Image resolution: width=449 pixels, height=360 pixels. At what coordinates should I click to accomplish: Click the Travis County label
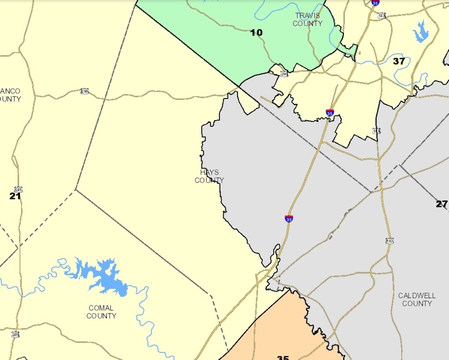(308, 19)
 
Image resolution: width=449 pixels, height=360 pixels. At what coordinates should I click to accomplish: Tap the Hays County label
(209, 176)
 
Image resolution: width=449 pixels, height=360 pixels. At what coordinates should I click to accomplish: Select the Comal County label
(101, 312)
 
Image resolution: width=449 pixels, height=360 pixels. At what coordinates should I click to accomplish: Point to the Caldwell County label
(417, 299)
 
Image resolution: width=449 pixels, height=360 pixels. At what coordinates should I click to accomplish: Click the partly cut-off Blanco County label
(10, 95)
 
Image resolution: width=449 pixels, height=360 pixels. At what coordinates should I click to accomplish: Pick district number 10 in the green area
(256, 32)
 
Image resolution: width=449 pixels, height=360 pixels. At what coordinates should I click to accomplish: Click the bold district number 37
(399, 61)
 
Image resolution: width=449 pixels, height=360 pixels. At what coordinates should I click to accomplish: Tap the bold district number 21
(15, 196)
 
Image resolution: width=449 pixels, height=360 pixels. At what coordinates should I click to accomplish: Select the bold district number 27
(441, 204)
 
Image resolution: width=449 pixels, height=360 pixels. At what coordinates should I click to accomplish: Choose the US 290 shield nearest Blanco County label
(85, 91)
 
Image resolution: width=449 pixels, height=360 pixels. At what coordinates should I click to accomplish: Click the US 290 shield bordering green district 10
(284, 73)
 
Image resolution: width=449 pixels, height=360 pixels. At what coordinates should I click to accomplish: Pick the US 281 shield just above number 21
(18, 190)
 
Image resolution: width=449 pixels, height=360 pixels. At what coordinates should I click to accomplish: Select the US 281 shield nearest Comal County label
(15, 335)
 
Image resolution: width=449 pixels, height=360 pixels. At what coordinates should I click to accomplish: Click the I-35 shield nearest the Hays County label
(289, 218)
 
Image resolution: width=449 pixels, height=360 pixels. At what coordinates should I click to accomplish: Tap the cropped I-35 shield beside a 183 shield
(375, 2)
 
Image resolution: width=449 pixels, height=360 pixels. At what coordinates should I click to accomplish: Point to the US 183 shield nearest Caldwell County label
(390, 241)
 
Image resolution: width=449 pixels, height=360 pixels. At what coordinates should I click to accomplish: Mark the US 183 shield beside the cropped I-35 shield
(382, 16)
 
